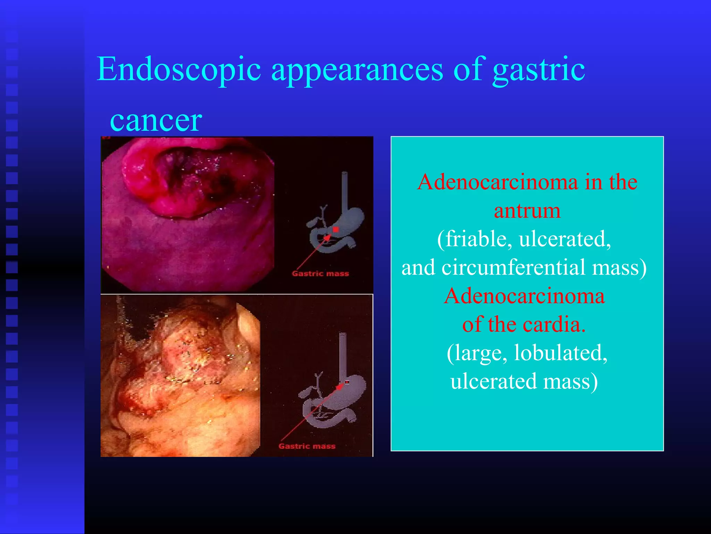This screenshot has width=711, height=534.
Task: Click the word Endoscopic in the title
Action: tap(178, 70)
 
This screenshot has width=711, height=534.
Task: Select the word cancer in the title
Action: tap(156, 121)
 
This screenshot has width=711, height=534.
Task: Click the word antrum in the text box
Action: tap(527, 211)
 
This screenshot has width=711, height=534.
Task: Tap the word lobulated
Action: tap(560, 353)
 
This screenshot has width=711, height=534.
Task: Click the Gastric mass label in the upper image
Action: tap(320, 274)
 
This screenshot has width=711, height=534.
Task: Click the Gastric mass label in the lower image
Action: tap(307, 446)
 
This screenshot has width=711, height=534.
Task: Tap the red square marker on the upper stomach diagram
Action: tap(335, 229)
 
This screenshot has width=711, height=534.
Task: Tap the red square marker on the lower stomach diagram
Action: tap(346, 382)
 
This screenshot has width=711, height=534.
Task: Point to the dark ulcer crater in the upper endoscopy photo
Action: tap(205, 177)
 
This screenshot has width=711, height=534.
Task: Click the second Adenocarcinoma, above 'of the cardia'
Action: tap(524, 296)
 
